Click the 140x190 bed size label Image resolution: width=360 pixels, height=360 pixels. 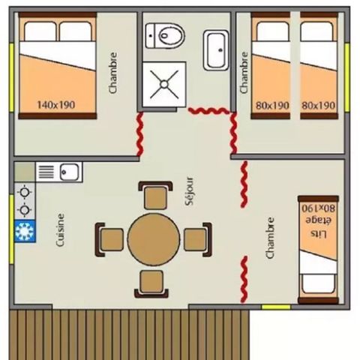(55, 104)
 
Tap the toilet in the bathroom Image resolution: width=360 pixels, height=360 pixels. (166, 32)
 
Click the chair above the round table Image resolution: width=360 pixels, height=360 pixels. (155, 196)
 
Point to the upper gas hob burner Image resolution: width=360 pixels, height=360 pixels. (25, 191)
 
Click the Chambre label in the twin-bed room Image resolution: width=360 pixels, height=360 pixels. (243, 72)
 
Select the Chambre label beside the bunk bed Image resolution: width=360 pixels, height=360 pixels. (271, 238)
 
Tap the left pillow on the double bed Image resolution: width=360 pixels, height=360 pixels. (37, 31)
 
